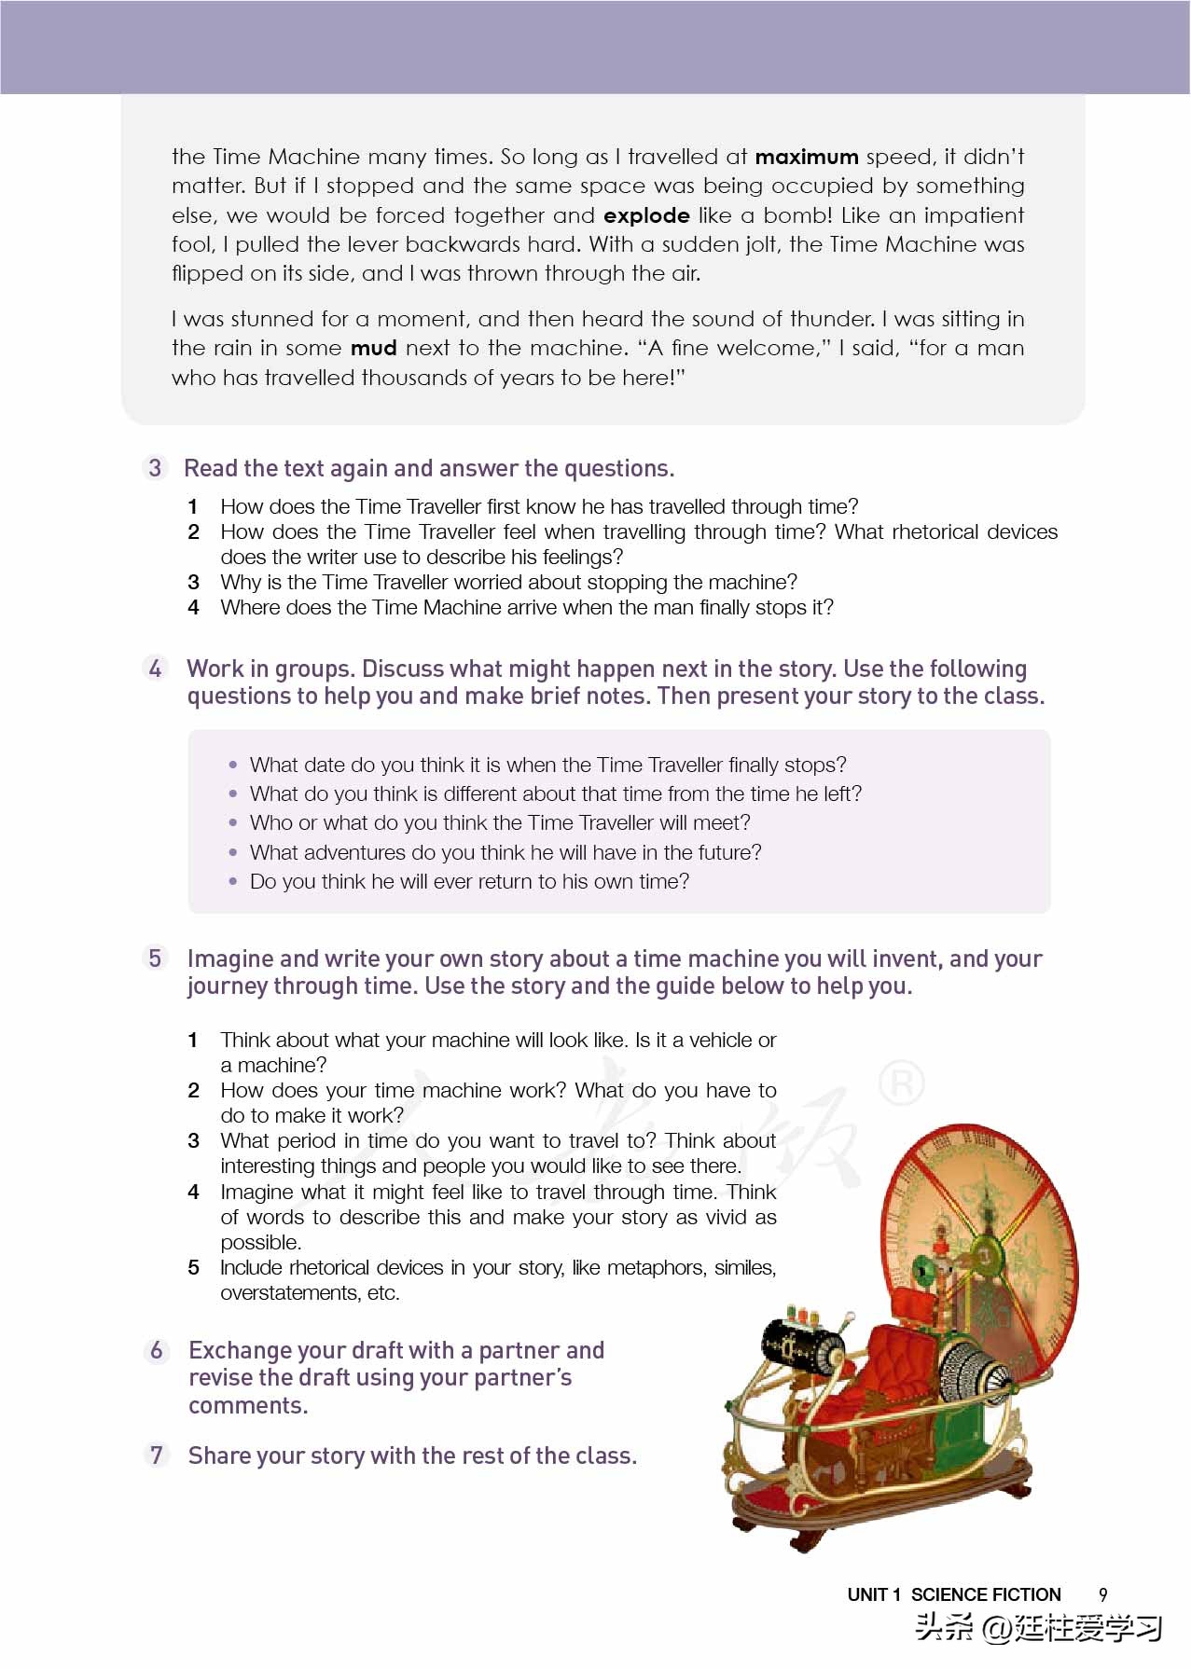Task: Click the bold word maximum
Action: click(806, 157)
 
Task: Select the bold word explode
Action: click(646, 215)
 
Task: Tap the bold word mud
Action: click(373, 349)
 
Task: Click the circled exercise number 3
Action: click(155, 467)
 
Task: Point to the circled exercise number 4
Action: click(155, 669)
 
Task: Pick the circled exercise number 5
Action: click(155, 959)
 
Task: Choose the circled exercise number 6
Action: click(157, 1350)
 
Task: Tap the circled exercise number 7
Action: click(157, 1455)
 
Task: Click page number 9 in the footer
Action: click(1103, 1594)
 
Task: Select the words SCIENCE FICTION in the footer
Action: click(986, 1594)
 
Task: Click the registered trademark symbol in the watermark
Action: click(901, 1083)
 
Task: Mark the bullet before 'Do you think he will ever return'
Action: click(233, 881)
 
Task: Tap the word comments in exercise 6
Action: click(247, 1405)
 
